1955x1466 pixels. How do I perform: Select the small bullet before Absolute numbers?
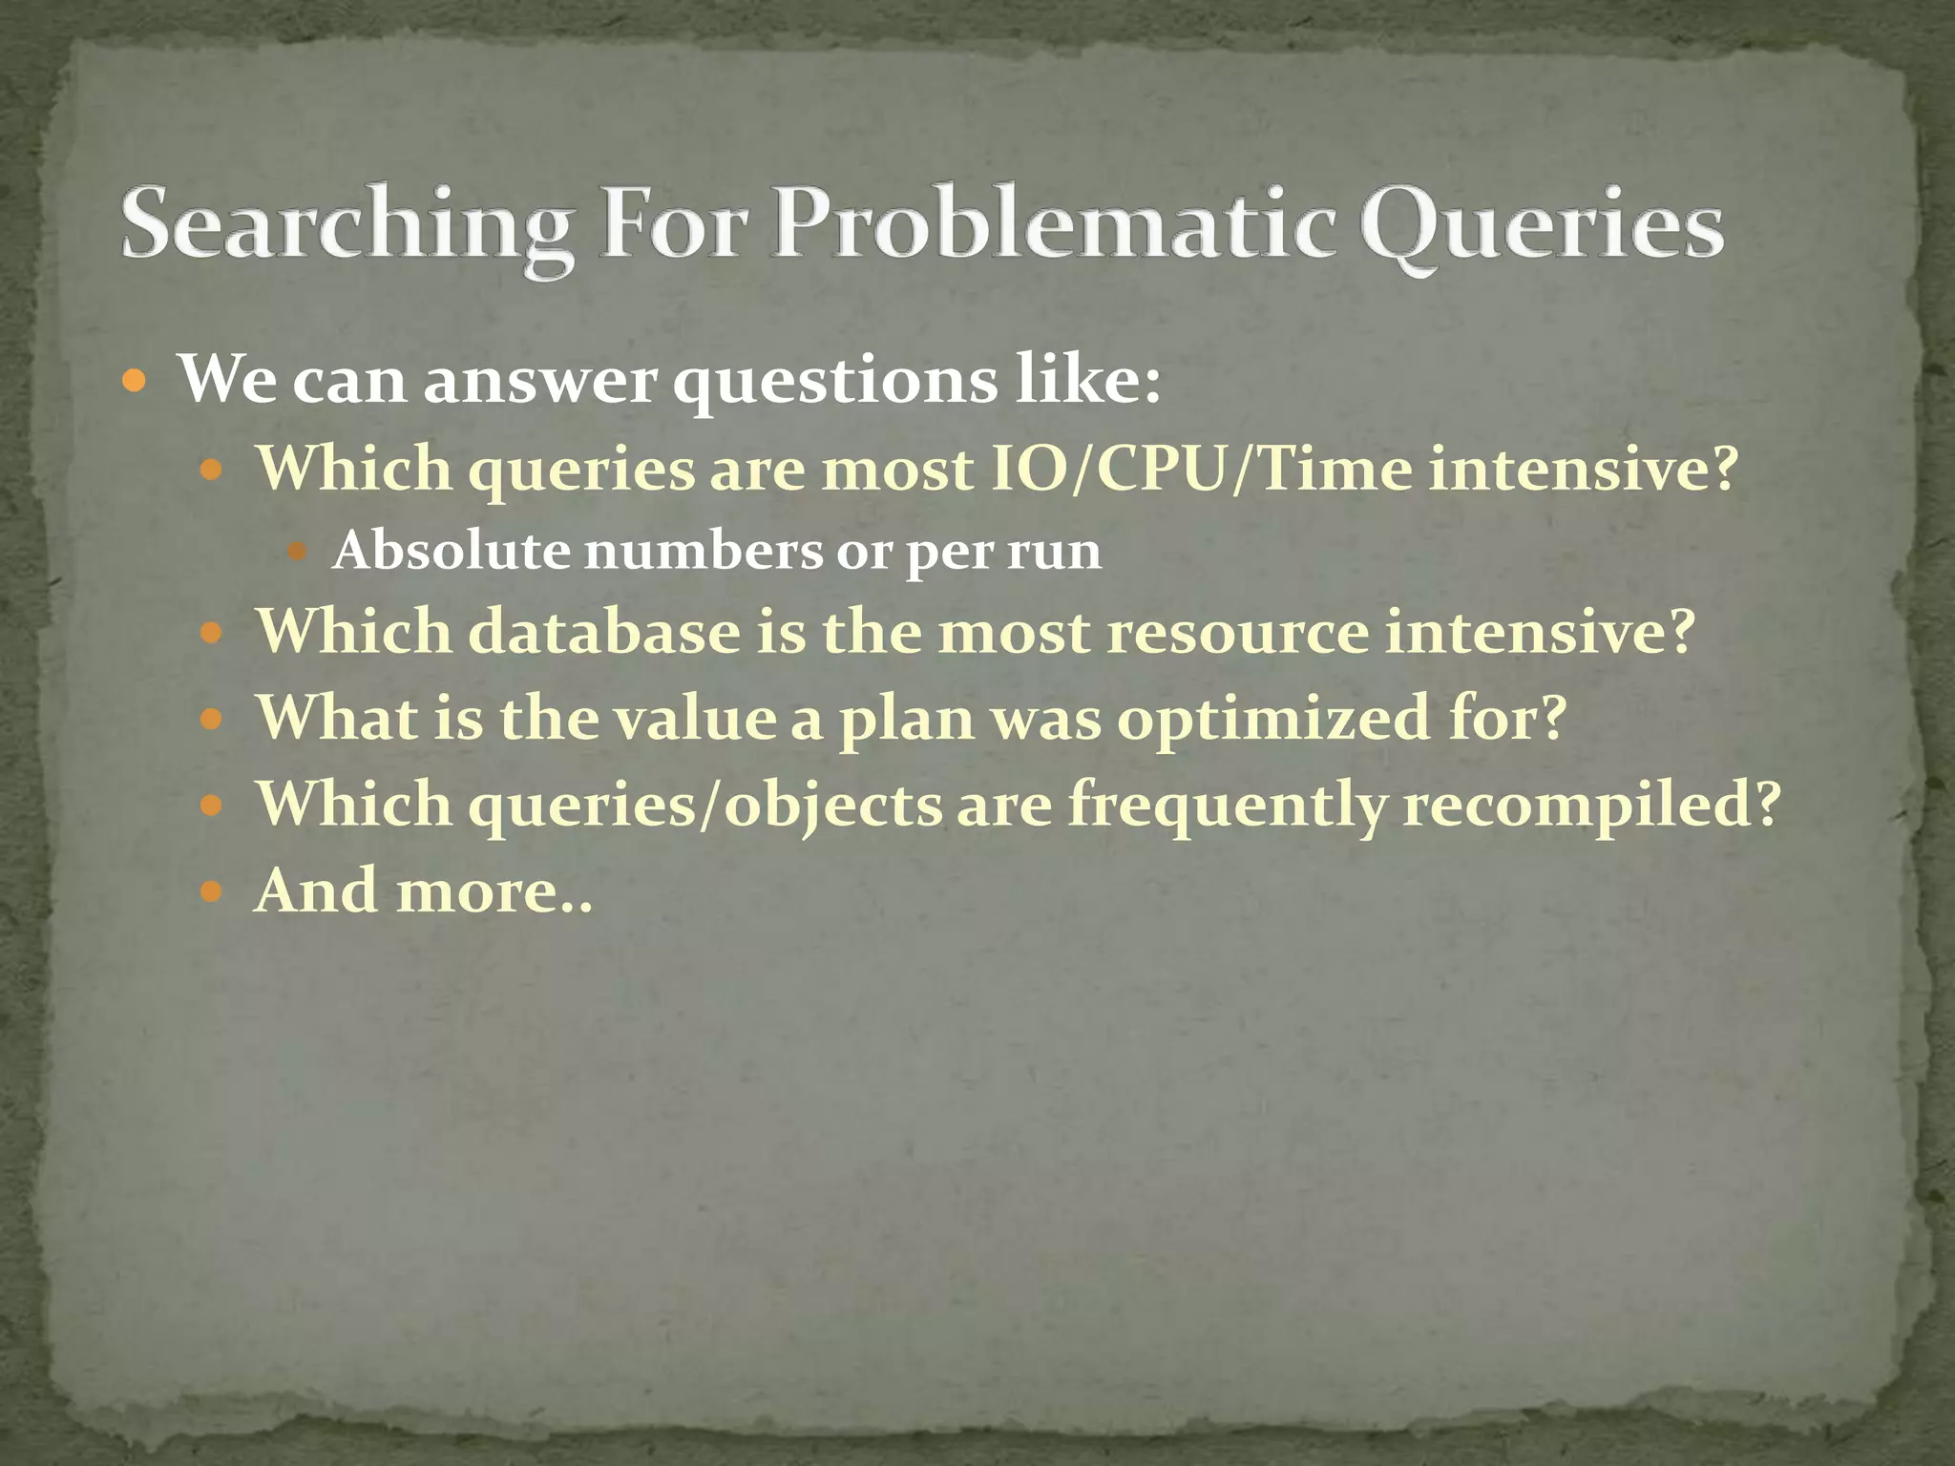297,552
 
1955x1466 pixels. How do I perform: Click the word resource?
1236,634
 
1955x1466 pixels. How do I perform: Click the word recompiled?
1590,805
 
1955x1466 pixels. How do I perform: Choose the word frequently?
1226,805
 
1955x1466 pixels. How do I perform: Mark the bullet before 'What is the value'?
211,719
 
